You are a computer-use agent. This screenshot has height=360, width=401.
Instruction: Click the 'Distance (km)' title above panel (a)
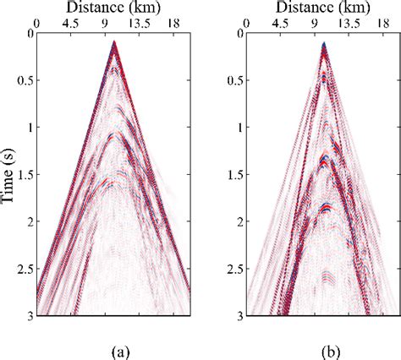point(113,8)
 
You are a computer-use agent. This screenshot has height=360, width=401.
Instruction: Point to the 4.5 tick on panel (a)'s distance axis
point(73,24)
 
